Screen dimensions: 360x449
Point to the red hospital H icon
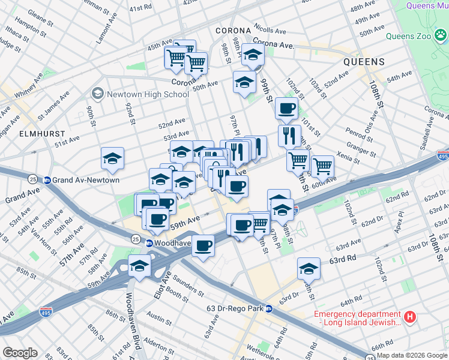[x=410, y=316]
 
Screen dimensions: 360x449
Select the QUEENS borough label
[x=364, y=62]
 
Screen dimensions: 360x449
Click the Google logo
[x=20, y=353]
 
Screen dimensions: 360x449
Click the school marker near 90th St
[x=112, y=159]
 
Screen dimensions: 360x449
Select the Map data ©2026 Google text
[x=411, y=355]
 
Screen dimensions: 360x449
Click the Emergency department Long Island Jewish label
[x=358, y=318]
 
